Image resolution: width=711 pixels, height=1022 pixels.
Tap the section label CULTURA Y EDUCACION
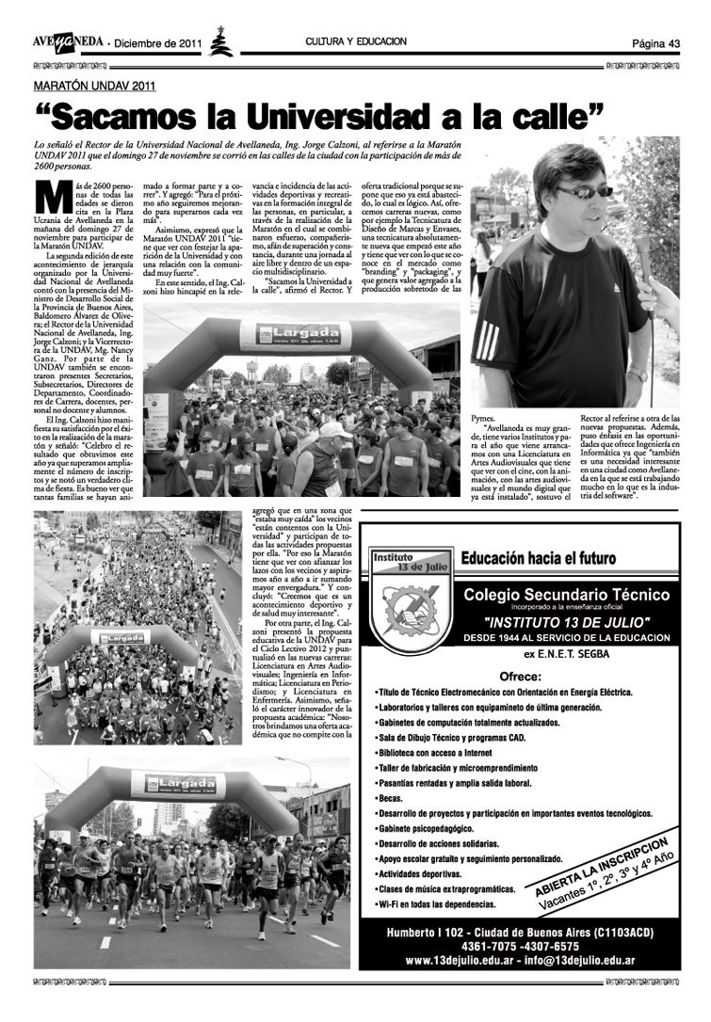[x=356, y=42]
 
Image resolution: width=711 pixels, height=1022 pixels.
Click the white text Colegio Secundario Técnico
[x=566, y=595]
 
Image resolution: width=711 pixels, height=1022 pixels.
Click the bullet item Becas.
[x=390, y=797]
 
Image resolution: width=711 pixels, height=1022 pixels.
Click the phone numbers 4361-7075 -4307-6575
[x=520, y=946]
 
